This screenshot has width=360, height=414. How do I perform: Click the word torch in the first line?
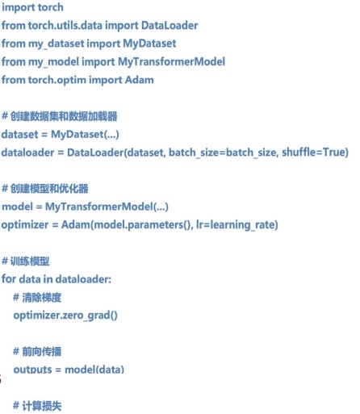(x=51, y=7)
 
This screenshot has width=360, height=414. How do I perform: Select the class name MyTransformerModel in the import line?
(x=171, y=62)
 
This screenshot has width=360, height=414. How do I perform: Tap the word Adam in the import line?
(x=140, y=80)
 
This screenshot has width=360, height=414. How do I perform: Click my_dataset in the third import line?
(x=57, y=44)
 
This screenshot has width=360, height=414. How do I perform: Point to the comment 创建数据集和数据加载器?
(x=64, y=116)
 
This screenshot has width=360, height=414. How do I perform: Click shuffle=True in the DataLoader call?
(x=315, y=153)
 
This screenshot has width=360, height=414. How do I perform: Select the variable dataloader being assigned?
(x=27, y=153)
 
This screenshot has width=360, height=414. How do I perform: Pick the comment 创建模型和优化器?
(x=49, y=189)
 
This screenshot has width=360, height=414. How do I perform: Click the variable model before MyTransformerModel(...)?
(x=17, y=207)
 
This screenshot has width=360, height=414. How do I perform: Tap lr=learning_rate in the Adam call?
(x=237, y=225)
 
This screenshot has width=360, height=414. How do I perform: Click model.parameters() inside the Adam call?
(x=142, y=225)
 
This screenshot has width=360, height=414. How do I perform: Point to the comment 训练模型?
(x=30, y=261)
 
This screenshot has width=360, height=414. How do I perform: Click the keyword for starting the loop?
(x=9, y=279)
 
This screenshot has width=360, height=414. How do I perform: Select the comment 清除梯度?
(x=42, y=298)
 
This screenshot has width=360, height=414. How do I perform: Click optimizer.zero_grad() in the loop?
(x=65, y=316)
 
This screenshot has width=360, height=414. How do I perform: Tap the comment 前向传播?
(x=42, y=351)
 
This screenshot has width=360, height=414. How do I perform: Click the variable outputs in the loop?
(x=32, y=370)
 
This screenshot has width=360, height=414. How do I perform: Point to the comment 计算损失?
(x=42, y=406)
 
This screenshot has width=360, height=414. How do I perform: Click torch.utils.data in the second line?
(x=65, y=26)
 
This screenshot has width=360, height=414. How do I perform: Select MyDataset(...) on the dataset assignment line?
(x=85, y=134)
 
